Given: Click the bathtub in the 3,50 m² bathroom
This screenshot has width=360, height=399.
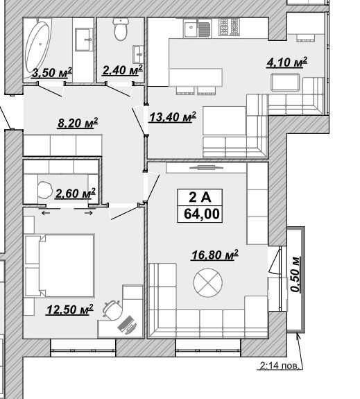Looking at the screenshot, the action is coord(37,48).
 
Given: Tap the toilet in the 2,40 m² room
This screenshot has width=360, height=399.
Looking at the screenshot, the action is coord(120,29).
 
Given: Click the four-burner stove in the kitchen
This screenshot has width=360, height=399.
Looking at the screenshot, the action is coord(229,26).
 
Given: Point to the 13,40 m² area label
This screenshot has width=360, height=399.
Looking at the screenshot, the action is coord(173,117).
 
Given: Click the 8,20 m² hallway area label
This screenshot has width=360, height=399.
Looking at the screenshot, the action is coord(78,123).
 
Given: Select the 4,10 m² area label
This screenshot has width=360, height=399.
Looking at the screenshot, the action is coord(286,62).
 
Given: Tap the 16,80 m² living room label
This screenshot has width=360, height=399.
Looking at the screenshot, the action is coord(215,255).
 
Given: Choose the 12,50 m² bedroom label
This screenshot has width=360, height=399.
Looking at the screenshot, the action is coord(69,309).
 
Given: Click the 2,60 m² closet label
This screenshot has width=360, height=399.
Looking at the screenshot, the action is coord(76,194).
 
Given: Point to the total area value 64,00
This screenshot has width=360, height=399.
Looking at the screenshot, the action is coord(201,214).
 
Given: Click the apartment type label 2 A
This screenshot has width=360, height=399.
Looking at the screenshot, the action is coord(200,197).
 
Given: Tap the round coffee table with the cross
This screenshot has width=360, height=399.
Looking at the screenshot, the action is coord(208,282).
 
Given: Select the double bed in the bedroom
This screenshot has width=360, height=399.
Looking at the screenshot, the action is coord(60,266).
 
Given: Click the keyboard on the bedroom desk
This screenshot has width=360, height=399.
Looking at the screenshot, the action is coord(127,325).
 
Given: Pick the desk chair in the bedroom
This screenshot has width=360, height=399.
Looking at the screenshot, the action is coord(112,309).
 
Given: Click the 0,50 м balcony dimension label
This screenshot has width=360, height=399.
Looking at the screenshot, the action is coord(295,275).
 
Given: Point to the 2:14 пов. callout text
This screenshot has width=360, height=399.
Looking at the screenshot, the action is coord(279,366).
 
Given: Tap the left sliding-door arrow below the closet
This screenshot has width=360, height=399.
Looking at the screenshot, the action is coord(46,213).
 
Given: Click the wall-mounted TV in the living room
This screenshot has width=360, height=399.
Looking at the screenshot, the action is coord(207,167).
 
